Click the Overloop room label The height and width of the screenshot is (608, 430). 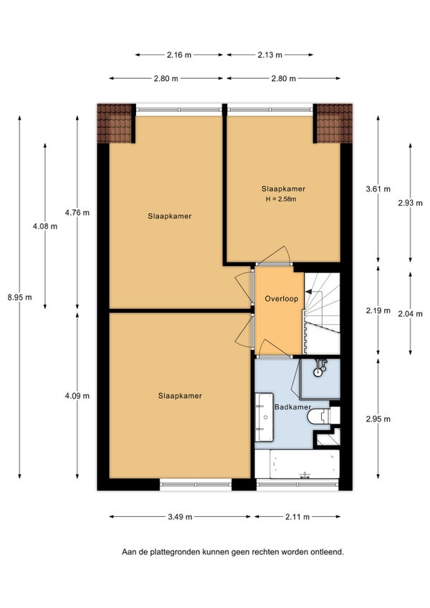[x=282, y=298]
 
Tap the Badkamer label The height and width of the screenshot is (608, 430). [x=292, y=407]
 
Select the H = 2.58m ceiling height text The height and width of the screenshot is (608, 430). [x=281, y=199]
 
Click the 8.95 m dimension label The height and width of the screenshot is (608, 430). [x=20, y=298]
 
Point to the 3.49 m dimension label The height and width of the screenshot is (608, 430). [x=180, y=516]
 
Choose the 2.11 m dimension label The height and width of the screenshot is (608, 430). [x=297, y=516]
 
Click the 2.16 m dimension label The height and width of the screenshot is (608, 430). [x=179, y=54]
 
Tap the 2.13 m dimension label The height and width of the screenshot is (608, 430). [x=270, y=54]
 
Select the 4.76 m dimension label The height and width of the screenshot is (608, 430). [x=77, y=212]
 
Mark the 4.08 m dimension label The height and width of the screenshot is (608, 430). [x=45, y=226]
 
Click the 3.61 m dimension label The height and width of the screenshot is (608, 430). [x=378, y=189]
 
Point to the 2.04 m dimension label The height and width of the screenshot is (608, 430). [x=410, y=314]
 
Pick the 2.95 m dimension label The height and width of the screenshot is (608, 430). [x=378, y=419]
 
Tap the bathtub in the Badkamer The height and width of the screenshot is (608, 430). [x=305, y=464]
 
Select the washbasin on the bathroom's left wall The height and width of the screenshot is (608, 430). [x=264, y=417]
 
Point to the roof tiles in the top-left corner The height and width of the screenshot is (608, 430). [x=115, y=123]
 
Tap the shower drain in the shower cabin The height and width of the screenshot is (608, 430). [x=318, y=372]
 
